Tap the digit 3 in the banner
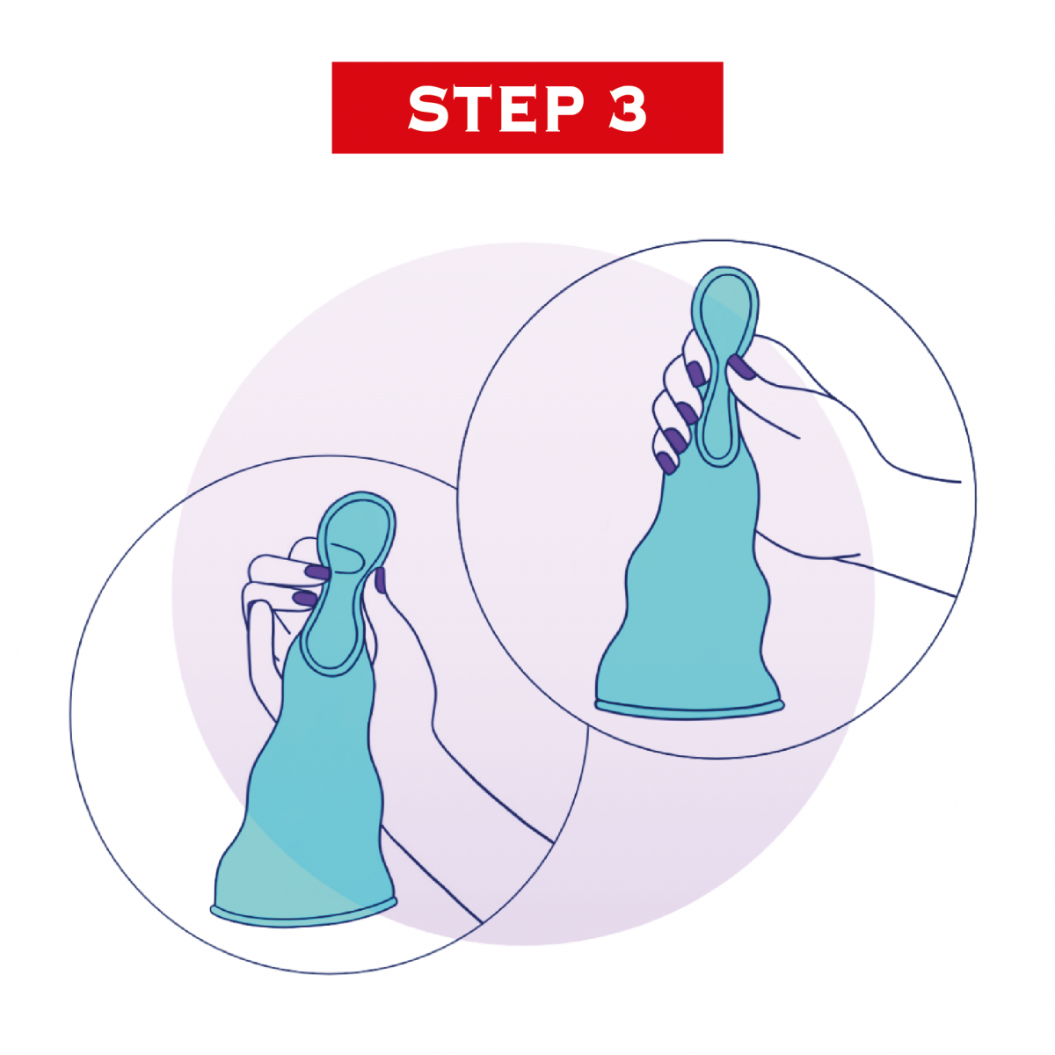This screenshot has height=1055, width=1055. pos(628,108)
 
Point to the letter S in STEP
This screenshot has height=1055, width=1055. pos(429,108)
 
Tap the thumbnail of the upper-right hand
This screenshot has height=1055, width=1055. pos(741,367)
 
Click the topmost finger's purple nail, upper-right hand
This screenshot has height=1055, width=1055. pos(695,374)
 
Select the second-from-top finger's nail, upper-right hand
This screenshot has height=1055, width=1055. pos(688,412)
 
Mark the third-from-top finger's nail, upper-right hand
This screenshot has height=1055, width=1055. pos(676,440)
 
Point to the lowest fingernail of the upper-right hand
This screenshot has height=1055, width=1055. pos(666,463)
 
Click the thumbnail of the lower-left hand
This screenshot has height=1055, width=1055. pos(380,579)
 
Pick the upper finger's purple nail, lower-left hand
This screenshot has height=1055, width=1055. pos(317,572)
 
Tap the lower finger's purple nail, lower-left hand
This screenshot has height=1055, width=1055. pos(305,598)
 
